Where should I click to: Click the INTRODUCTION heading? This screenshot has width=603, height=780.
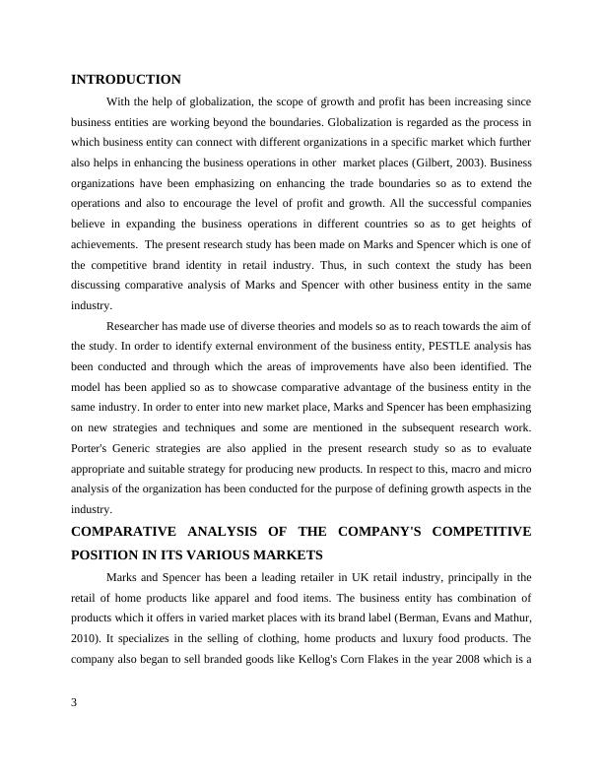coord(126,80)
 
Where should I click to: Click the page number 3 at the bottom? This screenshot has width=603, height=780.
coord(74,702)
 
